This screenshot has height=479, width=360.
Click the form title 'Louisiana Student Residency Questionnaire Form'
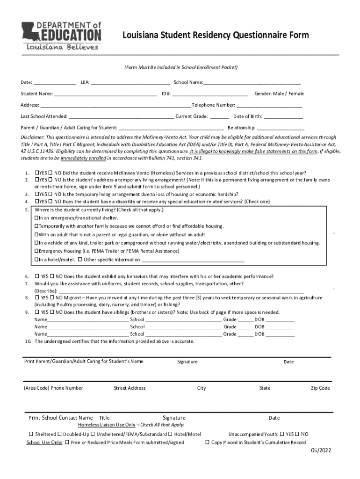point(216,36)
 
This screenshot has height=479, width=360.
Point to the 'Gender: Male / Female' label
point(279,94)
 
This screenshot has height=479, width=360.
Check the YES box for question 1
point(37,172)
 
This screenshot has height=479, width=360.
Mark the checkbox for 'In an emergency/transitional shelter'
point(37,218)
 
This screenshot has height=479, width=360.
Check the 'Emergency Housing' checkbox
point(37,251)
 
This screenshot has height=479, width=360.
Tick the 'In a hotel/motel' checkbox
point(37,260)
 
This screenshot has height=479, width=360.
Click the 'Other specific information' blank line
point(193,260)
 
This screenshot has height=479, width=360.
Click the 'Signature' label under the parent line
point(187,362)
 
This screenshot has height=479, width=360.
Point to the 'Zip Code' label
point(320,388)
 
